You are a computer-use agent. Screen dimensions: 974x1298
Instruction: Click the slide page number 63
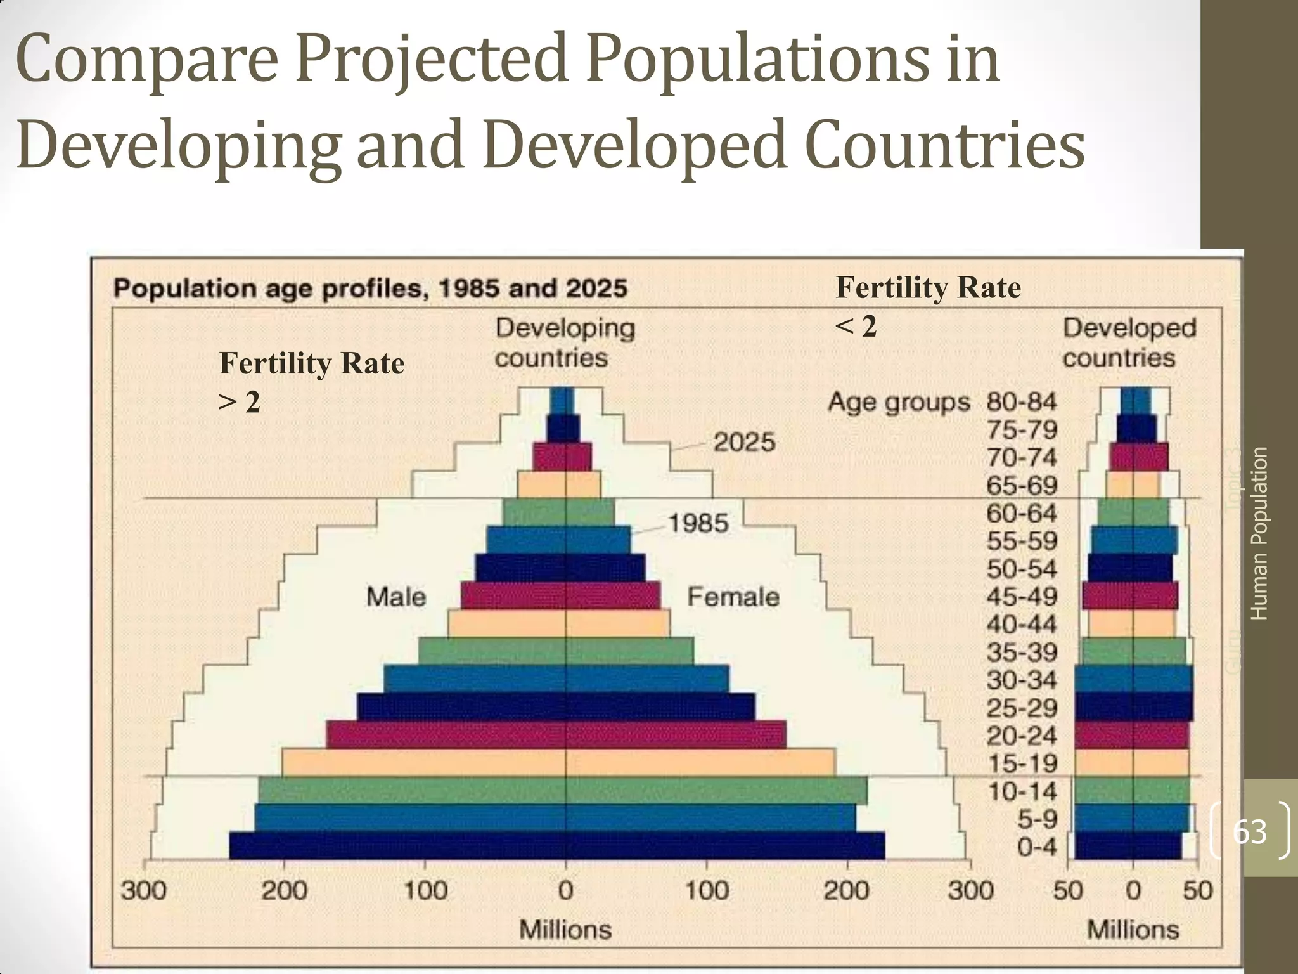[x=1249, y=831]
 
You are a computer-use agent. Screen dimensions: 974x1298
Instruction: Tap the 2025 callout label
[x=744, y=442]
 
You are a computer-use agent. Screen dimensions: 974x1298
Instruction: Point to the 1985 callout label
[x=698, y=523]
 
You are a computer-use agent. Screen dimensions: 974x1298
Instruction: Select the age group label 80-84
[x=1022, y=401]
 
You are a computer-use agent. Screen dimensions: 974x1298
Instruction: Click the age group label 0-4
[x=1037, y=847]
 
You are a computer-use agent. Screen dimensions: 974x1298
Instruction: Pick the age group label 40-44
[x=1022, y=624]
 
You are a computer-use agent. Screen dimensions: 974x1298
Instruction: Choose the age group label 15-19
[x=1022, y=763]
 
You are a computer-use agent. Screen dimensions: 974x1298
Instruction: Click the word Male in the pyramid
[x=396, y=597]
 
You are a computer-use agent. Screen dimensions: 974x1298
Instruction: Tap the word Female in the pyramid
[x=733, y=597]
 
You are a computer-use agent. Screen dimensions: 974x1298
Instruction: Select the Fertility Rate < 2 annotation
[x=928, y=306]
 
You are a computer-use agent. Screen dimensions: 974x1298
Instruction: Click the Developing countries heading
[x=564, y=343]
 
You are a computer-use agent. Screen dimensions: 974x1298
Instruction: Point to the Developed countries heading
[x=1129, y=343]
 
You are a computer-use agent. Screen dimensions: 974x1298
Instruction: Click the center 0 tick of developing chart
[x=565, y=891]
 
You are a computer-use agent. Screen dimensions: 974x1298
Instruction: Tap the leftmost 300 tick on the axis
[x=144, y=891]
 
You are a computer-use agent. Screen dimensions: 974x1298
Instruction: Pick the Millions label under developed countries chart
[x=1133, y=930]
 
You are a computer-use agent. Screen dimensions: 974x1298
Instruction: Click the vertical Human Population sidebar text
[x=1259, y=533]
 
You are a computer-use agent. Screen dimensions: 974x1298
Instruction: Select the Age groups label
[x=899, y=402]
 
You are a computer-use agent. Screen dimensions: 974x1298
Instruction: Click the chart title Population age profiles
[x=370, y=289]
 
